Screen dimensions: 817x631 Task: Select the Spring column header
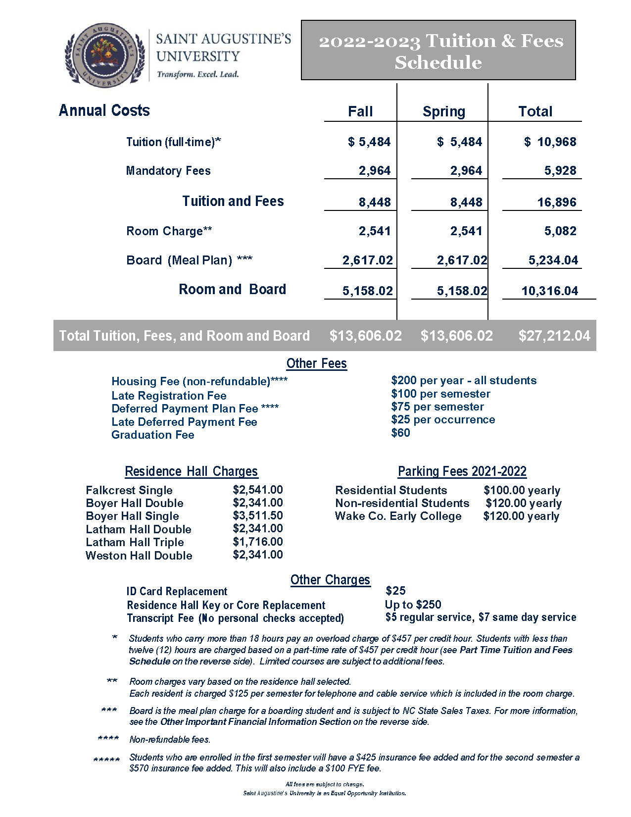(x=443, y=112)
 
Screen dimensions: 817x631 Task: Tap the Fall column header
(x=360, y=111)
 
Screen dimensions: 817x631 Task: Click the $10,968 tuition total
(x=550, y=142)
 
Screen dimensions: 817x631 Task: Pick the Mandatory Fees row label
(x=168, y=171)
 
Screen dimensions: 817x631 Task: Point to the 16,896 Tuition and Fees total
(x=557, y=202)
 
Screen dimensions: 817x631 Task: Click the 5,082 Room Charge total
(x=560, y=231)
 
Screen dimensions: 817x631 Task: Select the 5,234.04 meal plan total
(x=553, y=260)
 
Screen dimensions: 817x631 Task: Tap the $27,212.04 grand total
(x=554, y=336)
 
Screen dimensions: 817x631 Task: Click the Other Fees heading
(x=317, y=363)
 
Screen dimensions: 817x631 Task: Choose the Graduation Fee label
(x=153, y=435)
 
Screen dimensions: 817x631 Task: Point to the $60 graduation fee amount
(x=400, y=433)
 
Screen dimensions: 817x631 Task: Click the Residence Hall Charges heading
(x=191, y=471)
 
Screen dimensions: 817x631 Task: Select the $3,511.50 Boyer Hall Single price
(x=258, y=515)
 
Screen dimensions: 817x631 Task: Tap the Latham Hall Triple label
(x=135, y=542)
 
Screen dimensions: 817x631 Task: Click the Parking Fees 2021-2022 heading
(x=462, y=471)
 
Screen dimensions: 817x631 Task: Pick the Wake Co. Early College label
(x=398, y=516)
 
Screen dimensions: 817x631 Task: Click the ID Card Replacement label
(x=177, y=592)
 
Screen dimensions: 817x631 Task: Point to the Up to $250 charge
(x=413, y=605)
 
